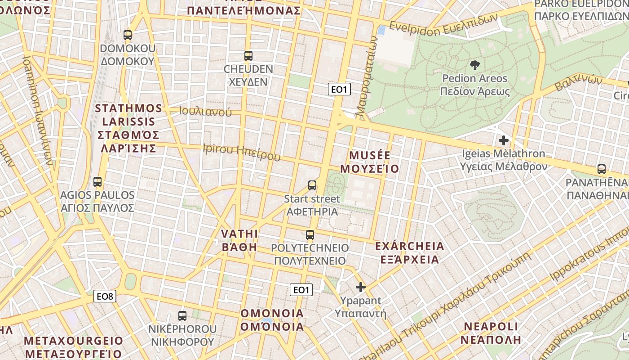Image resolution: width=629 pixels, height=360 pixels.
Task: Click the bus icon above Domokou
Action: (x=128, y=35)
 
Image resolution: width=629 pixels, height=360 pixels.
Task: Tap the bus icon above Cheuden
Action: (x=248, y=56)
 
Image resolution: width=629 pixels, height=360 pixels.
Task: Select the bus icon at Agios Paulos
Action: (x=97, y=182)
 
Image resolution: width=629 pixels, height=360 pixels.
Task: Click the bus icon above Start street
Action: (x=312, y=185)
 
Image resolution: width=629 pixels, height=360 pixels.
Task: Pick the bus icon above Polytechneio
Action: (x=310, y=234)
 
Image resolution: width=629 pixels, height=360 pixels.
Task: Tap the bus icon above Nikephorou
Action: (x=182, y=315)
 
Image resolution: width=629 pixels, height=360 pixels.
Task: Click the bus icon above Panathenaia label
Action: (x=602, y=169)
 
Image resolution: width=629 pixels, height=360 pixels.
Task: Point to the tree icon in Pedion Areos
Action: (x=474, y=65)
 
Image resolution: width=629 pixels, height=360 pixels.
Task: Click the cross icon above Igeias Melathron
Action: (x=504, y=140)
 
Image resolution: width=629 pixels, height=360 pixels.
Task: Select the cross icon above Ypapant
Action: (x=361, y=287)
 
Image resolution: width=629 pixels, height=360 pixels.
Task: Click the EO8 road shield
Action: (x=105, y=296)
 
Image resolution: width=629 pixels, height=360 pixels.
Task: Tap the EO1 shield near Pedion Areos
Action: (x=339, y=89)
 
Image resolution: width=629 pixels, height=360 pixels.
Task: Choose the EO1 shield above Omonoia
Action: (x=301, y=290)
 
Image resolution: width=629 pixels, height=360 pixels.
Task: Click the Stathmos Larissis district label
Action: (x=128, y=128)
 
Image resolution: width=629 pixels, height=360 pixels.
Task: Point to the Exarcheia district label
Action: (x=409, y=253)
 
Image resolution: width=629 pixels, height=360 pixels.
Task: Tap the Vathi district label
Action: (x=239, y=240)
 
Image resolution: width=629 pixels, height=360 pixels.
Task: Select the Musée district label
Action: (x=369, y=162)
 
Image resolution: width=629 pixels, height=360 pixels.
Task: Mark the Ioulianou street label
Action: (x=205, y=112)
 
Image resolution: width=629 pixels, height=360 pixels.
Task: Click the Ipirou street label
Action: (x=241, y=152)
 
